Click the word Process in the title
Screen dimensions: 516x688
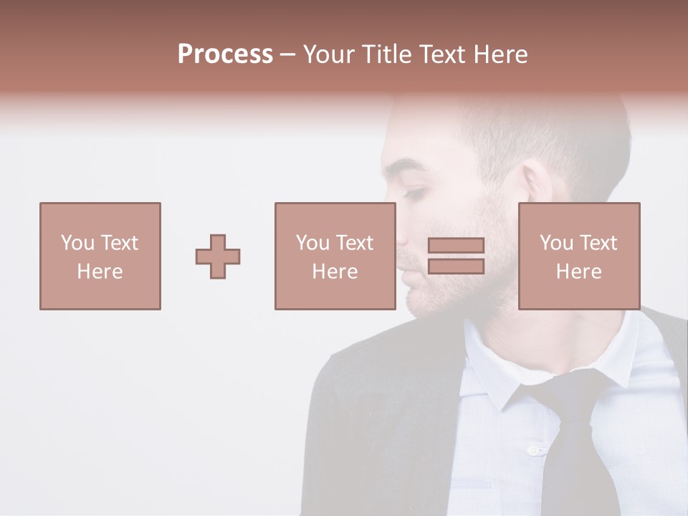pos(225,54)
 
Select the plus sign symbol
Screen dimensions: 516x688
pos(218,257)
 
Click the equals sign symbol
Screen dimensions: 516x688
pos(456,256)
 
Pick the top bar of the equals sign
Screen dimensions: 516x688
pos(456,246)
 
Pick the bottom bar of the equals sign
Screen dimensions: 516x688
pos(456,266)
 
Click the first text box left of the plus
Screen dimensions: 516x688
pos(100,256)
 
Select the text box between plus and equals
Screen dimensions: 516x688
pos(335,256)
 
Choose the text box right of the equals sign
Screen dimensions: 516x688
pos(578,256)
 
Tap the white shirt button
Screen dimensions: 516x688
pos(532,450)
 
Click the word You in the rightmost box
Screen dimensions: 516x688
pos(556,243)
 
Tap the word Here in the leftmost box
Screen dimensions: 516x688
pos(100,272)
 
